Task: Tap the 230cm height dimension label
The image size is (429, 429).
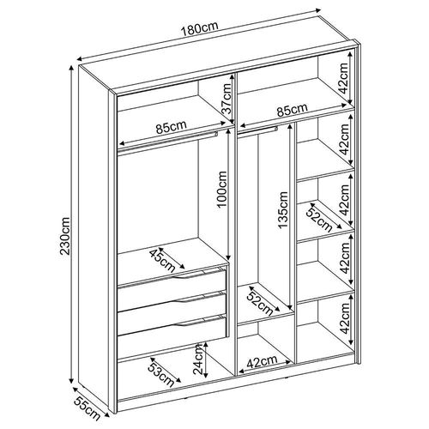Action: (65, 236)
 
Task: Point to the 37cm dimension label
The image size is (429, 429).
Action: (227, 99)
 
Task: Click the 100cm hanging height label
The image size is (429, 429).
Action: (222, 190)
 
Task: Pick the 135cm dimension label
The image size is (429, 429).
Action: (283, 210)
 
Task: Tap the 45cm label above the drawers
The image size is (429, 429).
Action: (162, 261)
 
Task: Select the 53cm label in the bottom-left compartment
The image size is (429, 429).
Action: (160, 375)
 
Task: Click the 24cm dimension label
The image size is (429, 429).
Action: (198, 360)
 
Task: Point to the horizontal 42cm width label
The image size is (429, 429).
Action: (262, 362)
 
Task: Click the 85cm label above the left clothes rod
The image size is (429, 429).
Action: (171, 127)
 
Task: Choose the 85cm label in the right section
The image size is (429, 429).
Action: (292, 110)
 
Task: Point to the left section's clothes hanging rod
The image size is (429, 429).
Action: (168, 142)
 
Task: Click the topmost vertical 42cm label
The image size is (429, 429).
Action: (343, 78)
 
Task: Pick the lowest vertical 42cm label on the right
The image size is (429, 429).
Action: (345, 318)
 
